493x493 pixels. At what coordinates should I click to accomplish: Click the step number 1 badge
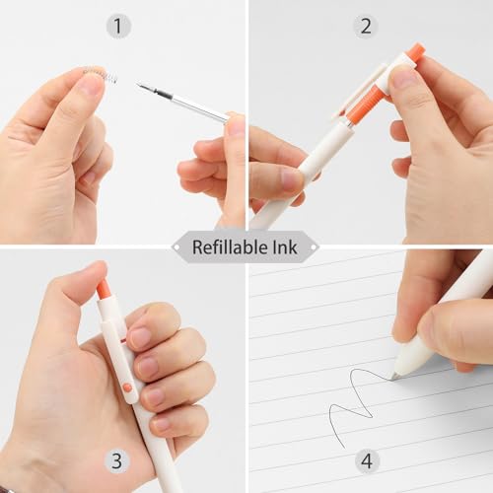coord(118,27)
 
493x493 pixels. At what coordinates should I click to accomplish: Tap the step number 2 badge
coord(366,27)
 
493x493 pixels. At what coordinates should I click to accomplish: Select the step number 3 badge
coord(117,460)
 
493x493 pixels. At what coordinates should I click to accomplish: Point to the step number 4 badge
coord(367,460)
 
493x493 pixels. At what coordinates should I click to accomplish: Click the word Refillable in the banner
coord(230,246)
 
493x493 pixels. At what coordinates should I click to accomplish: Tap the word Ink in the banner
coord(285,246)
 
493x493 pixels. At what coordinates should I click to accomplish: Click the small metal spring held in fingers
coord(101,75)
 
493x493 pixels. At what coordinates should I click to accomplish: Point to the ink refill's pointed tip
coord(138,86)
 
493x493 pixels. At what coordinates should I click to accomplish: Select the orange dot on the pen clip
coord(127,387)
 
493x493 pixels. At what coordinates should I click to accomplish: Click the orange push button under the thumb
coord(104,289)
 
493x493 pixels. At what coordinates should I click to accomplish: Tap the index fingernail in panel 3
coord(141,338)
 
